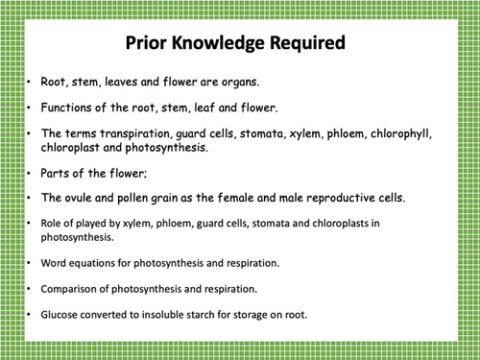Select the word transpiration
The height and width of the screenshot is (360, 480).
(129, 133)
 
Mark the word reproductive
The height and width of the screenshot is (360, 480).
(338, 198)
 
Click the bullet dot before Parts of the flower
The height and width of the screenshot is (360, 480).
(29, 174)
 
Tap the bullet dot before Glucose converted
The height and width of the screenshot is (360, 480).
(29, 313)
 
